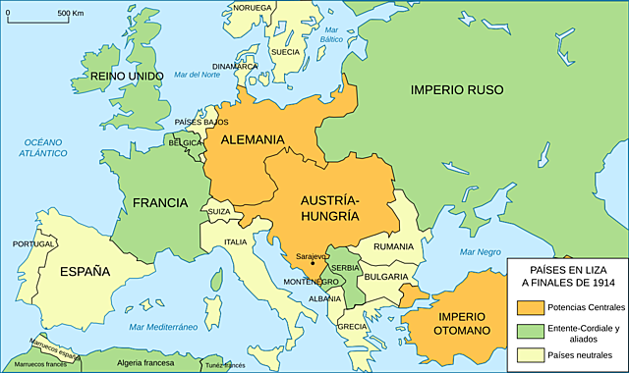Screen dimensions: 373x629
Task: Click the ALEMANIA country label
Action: click(253, 140)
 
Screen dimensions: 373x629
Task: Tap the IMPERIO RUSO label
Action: click(457, 89)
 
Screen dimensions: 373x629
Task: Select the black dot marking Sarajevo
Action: click(313, 262)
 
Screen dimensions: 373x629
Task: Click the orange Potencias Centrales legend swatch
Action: click(526, 307)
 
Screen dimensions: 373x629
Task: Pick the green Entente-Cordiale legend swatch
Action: click(526, 332)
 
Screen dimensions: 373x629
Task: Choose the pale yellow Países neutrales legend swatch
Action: click(526, 355)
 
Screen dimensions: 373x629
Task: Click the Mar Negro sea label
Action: click(480, 251)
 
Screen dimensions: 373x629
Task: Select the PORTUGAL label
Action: click(33, 243)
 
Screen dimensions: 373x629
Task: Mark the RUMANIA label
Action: click(393, 246)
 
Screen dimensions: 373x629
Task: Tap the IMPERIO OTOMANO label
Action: click(463, 323)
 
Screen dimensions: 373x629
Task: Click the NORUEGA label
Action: click(253, 7)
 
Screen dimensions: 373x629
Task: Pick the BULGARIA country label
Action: click(386, 276)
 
